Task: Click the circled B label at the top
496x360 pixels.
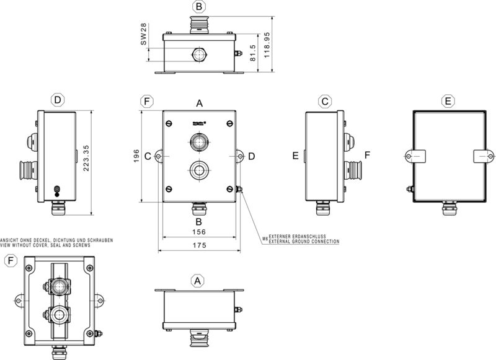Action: (198, 7)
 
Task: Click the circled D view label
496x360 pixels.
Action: (57, 100)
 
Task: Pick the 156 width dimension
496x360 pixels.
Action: (199, 232)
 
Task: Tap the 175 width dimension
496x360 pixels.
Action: (199, 246)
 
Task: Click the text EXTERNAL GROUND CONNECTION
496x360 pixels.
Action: (304, 242)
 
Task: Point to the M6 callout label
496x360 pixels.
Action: (264, 237)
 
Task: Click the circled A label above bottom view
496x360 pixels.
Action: (197, 281)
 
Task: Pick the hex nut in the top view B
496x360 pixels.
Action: (198, 55)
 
